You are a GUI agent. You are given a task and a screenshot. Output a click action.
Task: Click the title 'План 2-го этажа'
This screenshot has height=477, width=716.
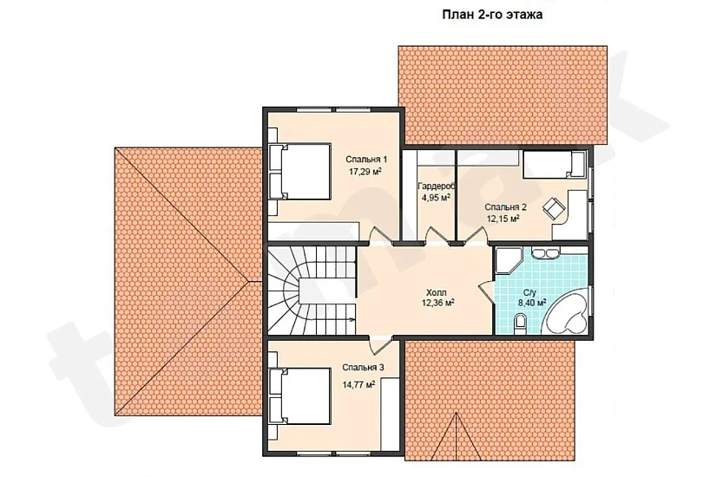click(x=492, y=15)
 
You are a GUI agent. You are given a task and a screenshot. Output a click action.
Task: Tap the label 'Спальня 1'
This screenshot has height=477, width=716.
click(x=366, y=160)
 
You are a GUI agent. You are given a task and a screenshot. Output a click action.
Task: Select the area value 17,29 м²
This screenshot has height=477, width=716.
click(x=365, y=172)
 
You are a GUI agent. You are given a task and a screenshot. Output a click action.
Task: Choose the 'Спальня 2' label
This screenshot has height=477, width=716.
click(x=505, y=207)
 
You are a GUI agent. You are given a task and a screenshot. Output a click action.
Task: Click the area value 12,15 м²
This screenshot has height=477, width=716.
click(x=503, y=219)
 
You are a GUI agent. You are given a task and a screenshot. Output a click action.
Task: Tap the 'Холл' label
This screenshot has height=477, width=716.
click(x=436, y=292)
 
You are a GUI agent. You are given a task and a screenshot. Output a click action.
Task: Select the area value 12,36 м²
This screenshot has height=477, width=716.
click(x=437, y=303)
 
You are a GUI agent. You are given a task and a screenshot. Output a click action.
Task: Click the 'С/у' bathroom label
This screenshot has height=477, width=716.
click(x=529, y=291)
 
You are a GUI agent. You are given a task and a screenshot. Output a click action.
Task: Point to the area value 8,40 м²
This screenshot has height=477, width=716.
click(x=531, y=302)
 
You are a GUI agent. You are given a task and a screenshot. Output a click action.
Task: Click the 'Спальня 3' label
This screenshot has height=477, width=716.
click(x=363, y=368)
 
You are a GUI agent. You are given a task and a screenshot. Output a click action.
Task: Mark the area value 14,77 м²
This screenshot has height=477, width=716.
click(x=359, y=384)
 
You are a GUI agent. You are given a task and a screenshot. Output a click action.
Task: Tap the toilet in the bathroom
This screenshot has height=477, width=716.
click(x=520, y=323)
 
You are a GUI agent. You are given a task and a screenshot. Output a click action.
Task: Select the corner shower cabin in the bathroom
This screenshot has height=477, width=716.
click(x=507, y=261)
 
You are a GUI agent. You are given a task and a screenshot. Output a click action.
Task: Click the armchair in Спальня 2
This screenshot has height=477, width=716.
click(x=553, y=207)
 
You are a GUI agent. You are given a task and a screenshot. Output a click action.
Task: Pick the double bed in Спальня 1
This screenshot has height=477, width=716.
click(x=300, y=171)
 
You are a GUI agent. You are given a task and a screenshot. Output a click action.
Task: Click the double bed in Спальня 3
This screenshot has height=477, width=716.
click(x=300, y=396)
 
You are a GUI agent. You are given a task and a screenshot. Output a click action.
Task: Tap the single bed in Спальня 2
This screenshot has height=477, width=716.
click(x=554, y=164)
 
